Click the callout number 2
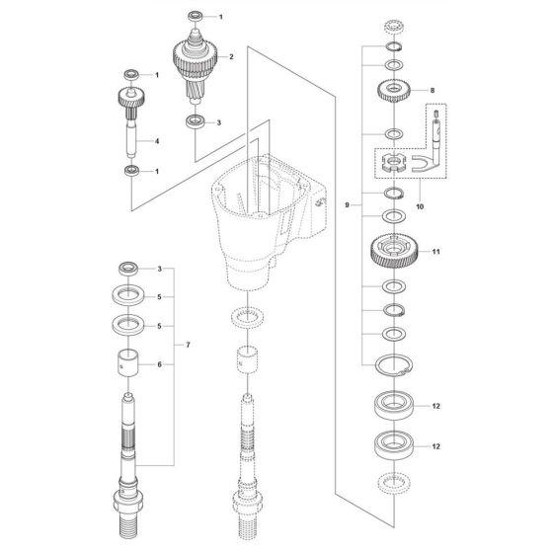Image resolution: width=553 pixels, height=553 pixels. tap(231, 57)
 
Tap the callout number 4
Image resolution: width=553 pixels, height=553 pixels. tap(157, 141)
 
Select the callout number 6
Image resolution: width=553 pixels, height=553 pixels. tap(159, 364)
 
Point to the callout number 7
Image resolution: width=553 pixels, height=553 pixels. tap(188, 345)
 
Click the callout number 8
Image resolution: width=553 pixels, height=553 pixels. tap(433, 90)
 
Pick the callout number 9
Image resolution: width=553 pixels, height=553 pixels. tap(347, 205)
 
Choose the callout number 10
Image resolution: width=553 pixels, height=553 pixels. tap(420, 206)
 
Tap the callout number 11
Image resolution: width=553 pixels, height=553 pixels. tap(436, 252)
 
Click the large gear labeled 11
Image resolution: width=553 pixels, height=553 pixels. tap(394, 252)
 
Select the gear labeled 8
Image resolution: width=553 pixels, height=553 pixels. tap(394, 90)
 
